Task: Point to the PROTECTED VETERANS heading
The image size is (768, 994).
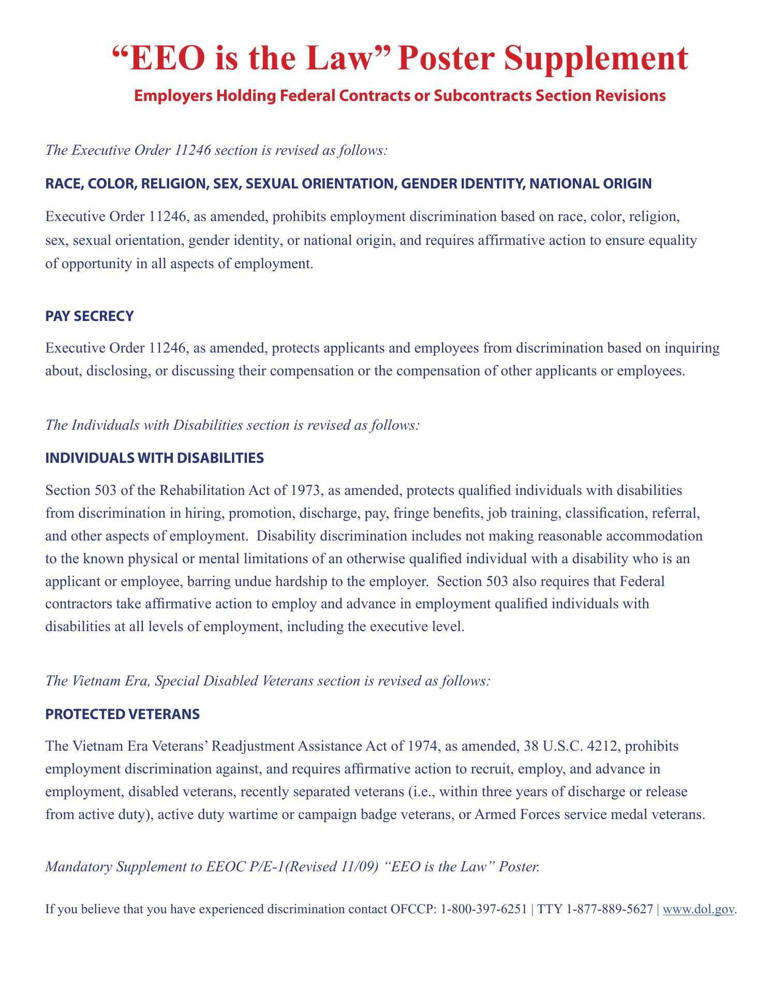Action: pyautogui.click(x=123, y=714)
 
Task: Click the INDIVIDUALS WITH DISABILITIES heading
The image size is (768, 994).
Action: pyautogui.click(x=155, y=458)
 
